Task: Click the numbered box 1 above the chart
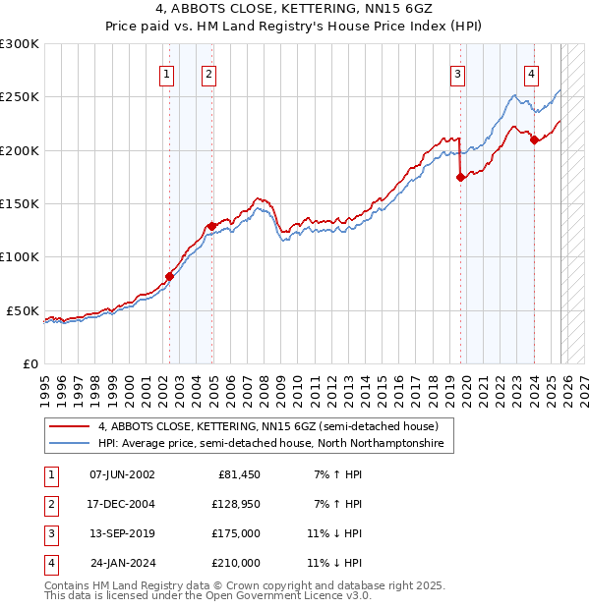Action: pyautogui.click(x=166, y=73)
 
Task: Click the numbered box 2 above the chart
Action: pyautogui.click(x=209, y=73)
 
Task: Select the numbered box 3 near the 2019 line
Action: pyautogui.click(x=458, y=73)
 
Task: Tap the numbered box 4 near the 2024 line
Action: pyautogui.click(x=531, y=73)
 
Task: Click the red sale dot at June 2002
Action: pyautogui.click(x=169, y=276)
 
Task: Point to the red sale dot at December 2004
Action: pyautogui.click(x=211, y=226)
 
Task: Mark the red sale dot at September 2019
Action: pyautogui.click(x=460, y=178)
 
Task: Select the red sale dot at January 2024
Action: pyautogui.click(x=534, y=139)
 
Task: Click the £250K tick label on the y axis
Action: pyautogui.click(x=19, y=97)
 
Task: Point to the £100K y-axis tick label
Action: pyautogui.click(x=19, y=257)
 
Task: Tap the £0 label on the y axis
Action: pyautogui.click(x=29, y=363)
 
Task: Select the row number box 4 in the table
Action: pyautogui.click(x=50, y=563)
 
